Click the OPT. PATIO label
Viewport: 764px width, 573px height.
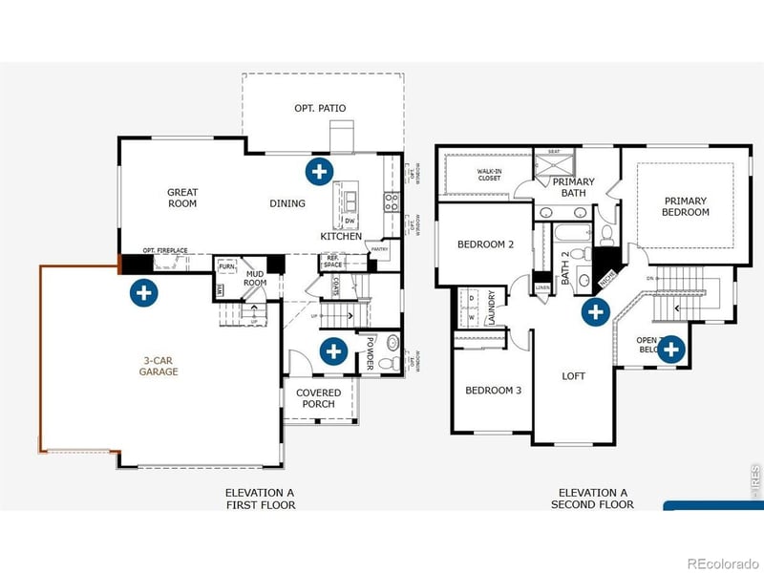pyautogui.click(x=320, y=108)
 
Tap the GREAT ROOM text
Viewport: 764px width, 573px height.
pyautogui.click(x=182, y=198)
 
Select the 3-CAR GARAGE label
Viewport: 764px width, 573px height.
pyautogui.click(x=159, y=366)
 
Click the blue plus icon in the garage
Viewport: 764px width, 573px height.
pyautogui.click(x=143, y=292)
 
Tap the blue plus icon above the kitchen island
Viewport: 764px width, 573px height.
pyautogui.click(x=319, y=172)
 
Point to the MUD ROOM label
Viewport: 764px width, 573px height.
pyautogui.click(x=255, y=279)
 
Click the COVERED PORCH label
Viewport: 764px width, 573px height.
pyautogui.click(x=318, y=398)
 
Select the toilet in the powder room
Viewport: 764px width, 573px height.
pyautogui.click(x=387, y=364)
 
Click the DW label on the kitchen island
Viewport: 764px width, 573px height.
pyautogui.click(x=350, y=222)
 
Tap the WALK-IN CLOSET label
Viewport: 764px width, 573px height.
pyautogui.click(x=489, y=176)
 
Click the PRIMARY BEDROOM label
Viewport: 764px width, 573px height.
pyautogui.click(x=686, y=206)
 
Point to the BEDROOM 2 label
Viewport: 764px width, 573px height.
pyautogui.click(x=485, y=244)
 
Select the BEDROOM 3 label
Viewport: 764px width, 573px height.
pyautogui.click(x=493, y=391)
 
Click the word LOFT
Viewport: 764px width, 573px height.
pyautogui.click(x=573, y=376)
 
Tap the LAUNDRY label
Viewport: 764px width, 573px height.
pyautogui.click(x=492, y=308)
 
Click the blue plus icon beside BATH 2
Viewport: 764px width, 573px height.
pyautogui.click(x=596, y=310)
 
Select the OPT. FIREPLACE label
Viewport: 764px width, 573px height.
pyautogui.click(x=165, y=250)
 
